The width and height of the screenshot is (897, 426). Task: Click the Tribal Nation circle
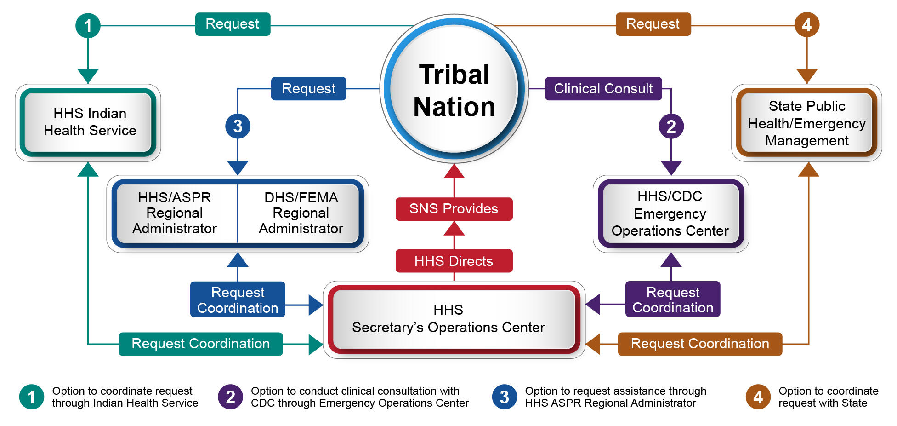[x=454, y=89]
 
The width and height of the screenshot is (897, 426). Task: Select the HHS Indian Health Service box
[x=88, y=122]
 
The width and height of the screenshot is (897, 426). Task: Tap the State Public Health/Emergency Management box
[x=806, y=123]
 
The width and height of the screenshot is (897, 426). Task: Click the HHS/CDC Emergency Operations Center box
[x=670, y=213]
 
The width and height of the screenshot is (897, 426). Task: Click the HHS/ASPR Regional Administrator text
[x=175, y=213]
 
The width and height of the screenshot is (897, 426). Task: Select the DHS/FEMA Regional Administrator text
[x=301, y=213]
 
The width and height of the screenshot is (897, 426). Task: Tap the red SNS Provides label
[x=454, y=209]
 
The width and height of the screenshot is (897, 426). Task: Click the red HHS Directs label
[x=454, y=261]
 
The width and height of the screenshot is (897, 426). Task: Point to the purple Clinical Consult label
[x=603, y=88]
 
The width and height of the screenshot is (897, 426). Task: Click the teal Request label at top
[x=233, y=24]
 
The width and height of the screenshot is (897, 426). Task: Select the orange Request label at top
[x=653, y=24]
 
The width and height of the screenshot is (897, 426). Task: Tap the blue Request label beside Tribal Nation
[x=308, y=88]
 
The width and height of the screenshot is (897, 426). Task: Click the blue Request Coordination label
[x=238, y=299]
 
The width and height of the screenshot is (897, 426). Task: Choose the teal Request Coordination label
[x=200, y=344]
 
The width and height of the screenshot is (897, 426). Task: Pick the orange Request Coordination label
[x=699, y=344]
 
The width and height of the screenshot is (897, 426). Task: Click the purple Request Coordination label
[x=672, y=299]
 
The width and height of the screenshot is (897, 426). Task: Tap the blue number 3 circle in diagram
[x=238, y=126]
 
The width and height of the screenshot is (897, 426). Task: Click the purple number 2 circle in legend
[x=230, y=397]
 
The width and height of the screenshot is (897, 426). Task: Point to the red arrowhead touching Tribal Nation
[x=454, y=171]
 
